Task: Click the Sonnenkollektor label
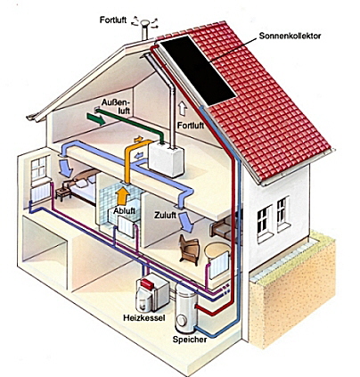290,36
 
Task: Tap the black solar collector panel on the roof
198,70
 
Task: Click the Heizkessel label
144,318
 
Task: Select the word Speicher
190,340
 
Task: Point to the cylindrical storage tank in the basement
185,307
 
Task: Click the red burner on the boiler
148,284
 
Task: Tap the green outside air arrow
96,119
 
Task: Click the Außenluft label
116,107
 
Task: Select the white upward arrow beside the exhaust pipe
183,109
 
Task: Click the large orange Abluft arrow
122,195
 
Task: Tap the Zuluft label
165,216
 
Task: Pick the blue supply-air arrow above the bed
66,168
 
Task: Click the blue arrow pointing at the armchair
187,223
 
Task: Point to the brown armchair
190,249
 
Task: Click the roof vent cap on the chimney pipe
145,23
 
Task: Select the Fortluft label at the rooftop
113,20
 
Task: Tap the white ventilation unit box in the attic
166,159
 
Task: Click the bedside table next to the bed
63,193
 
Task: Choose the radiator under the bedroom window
41,193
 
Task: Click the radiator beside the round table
219,266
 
